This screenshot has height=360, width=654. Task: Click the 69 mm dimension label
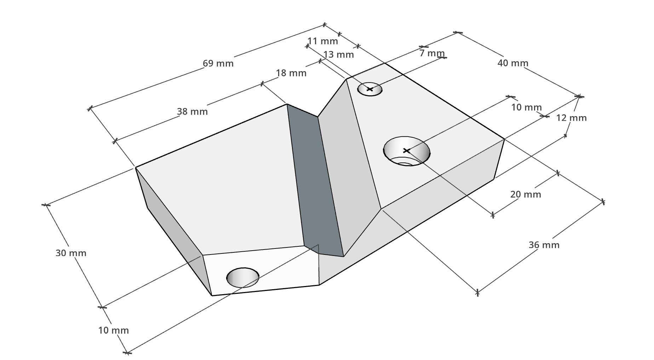218,63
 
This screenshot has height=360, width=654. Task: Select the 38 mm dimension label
192,112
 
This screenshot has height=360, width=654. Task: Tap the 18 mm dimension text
291,73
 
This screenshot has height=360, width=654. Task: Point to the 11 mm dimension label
322,41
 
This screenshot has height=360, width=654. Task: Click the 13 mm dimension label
338,55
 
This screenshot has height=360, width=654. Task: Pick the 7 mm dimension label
432,53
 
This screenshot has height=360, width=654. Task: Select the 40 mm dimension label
512,63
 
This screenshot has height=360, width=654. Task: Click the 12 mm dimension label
571,118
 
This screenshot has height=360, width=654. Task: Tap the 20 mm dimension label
525,194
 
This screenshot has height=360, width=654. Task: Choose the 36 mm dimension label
544,245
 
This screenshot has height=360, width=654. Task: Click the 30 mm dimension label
71,253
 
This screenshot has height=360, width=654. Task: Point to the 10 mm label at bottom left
113,330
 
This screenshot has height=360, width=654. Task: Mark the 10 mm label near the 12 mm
526,107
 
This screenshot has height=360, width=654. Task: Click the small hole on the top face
370,89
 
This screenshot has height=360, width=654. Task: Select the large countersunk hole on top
407,151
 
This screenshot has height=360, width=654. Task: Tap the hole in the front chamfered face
243,277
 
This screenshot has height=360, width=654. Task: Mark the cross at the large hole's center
407,151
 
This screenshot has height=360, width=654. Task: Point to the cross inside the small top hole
370,89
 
